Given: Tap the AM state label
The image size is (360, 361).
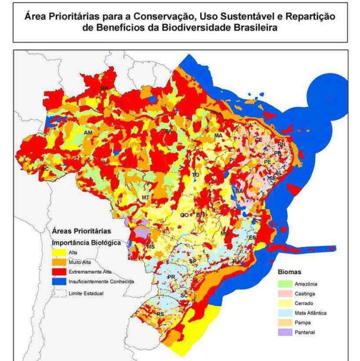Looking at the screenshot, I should (88, 132).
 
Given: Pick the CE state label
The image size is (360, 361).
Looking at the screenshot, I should (258, 140).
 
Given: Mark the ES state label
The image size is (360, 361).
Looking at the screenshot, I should (252, 237).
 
